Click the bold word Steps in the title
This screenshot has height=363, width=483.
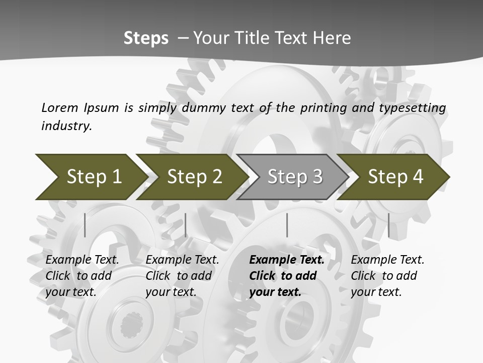coord(146,38)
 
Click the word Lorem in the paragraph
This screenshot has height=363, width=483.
coord(60,107)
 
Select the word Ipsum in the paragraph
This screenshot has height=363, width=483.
coord(102,107)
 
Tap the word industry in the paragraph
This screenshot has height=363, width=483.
coord(66,126)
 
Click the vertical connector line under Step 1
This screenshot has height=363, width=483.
coord(85,225)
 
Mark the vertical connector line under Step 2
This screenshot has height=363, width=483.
coord(186,225)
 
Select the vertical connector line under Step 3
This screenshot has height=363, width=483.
coord(287,225)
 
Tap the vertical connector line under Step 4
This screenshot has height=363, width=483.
coord(388,225)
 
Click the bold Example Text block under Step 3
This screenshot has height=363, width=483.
coord(287,276)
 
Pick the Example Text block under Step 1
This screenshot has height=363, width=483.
coord(82,276)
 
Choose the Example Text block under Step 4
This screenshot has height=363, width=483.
coord(387,276)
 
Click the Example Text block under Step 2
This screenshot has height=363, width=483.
coord(182,276)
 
